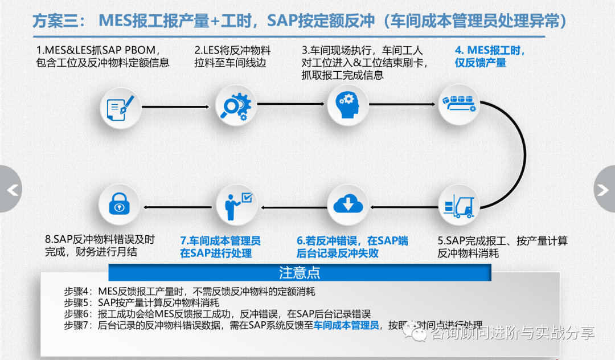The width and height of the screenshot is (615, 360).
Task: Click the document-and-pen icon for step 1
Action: (121, 107)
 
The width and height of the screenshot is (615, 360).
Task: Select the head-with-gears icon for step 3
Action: (347, 104)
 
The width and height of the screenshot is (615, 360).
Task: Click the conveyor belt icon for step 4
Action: (459, 104)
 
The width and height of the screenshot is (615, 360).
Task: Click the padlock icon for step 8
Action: (120, 205)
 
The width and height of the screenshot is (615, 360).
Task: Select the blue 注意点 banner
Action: (300, 272)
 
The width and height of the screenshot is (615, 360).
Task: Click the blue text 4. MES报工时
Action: (490, 50)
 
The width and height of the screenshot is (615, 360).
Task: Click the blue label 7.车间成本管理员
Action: (220, 240)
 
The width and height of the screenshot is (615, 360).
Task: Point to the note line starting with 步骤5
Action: (142, 302)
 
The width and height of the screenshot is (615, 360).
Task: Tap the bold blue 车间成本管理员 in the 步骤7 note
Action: (346, 325)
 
